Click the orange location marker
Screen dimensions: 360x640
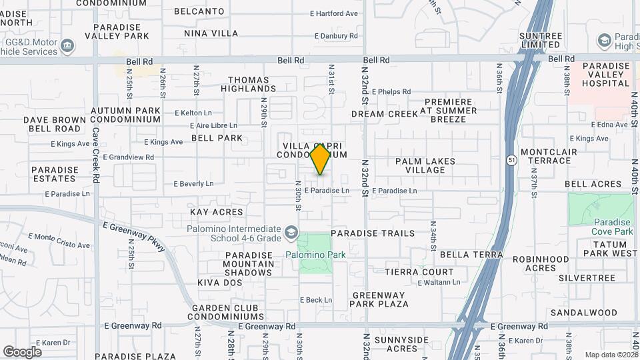tap(320, 159)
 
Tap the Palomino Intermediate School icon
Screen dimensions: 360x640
tap(291, 233)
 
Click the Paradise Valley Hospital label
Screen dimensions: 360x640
tap(606, 75)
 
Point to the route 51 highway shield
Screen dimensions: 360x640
tap(511, 161)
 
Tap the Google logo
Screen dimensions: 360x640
tap(22, 351)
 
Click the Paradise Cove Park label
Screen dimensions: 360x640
tap(611, 227)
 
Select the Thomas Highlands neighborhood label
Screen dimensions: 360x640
tap(248, 84)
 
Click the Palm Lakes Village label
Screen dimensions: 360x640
tap(425, 165)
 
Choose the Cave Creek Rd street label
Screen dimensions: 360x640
tap(95, 155)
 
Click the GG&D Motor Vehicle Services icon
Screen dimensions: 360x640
tap(67, 46)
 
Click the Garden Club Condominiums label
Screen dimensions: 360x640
tap(227, 312)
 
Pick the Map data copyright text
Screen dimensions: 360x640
tap(611, 355)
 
